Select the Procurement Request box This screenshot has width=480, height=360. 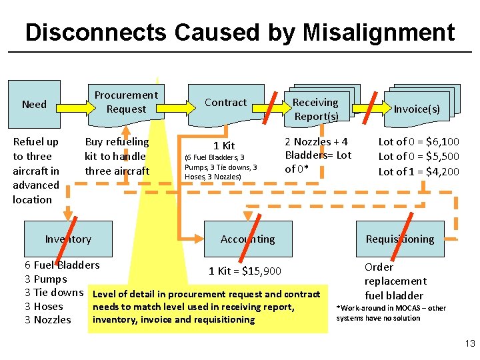pyautogui.click(x=127, y=102)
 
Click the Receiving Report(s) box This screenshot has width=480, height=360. pyautogui.click(x=315, y=109)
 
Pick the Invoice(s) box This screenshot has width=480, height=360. pyautogui.click(x=417, y=109)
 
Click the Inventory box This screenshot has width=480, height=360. pyautogui.click(x=68, y=239)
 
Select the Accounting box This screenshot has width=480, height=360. pyautogui.click(x=247, y=239)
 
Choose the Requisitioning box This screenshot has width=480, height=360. pyautogui.click(x=399, y=239)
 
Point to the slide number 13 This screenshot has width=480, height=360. pyautogui.click(x=469, y=344)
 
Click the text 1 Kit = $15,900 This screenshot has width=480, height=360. pyautogui.click(x=245, y=271)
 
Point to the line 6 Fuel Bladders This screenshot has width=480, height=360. pyautogui.click(x=62, y=265)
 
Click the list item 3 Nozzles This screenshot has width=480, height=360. pyautogui.click(x=47, y=320)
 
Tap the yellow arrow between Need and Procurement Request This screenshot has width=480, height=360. pyautogui.click(x=73, y=104)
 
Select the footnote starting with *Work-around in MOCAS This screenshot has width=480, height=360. pyautogui.click(x=391, y=313)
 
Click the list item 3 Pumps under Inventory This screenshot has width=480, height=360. pyautogui.click(x=45, y=279)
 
